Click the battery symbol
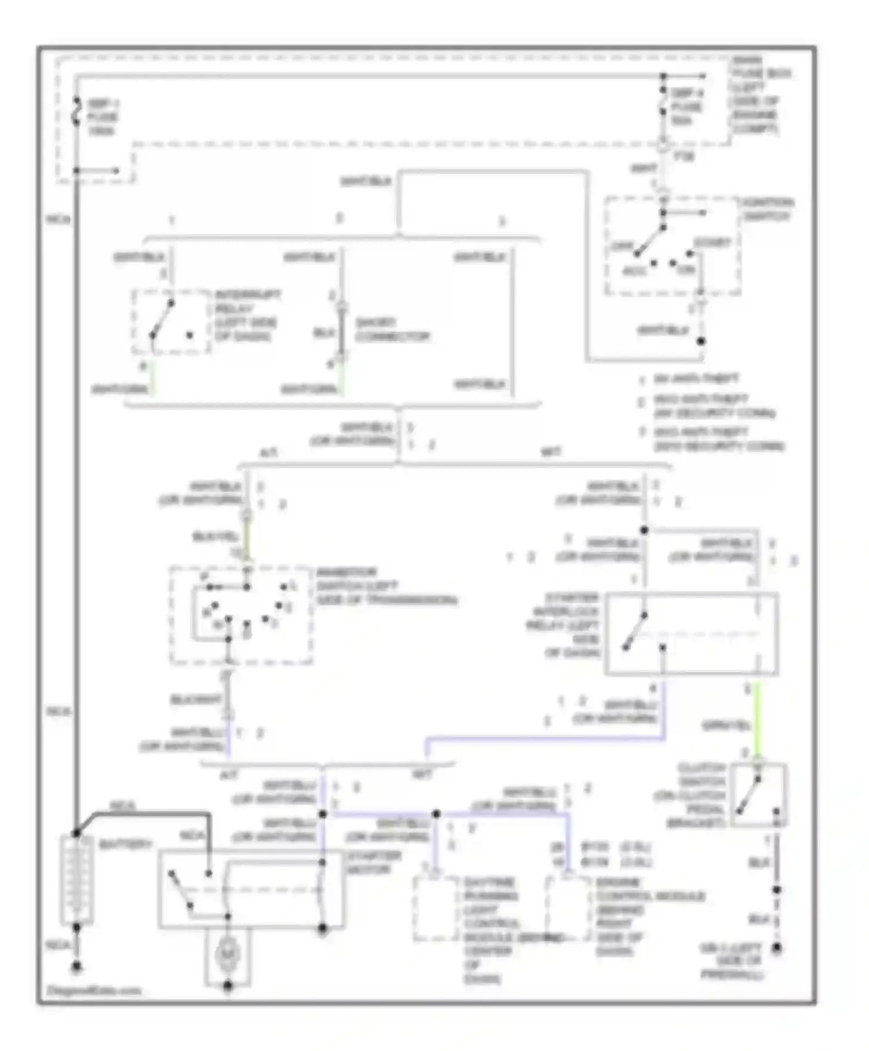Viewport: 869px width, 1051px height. coord(76,878)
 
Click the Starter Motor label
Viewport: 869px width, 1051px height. coord(373,863)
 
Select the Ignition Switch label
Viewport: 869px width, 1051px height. coord(768,209)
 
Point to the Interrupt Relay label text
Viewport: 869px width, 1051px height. coord(247,315)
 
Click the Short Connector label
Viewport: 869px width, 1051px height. coord(392,329)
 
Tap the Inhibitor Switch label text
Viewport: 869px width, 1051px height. coord(385,586)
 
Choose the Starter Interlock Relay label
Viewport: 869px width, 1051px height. coord(565,625)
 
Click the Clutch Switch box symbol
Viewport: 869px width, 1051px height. coord(758,795)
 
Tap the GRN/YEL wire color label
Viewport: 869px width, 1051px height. coord(726,725)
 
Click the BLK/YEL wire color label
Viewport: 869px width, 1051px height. coord(215,537)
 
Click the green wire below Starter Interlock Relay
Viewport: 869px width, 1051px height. coord(757,718)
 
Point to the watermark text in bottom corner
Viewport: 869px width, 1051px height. coord(93,990)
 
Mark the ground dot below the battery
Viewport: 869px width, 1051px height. coord(76,966)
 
